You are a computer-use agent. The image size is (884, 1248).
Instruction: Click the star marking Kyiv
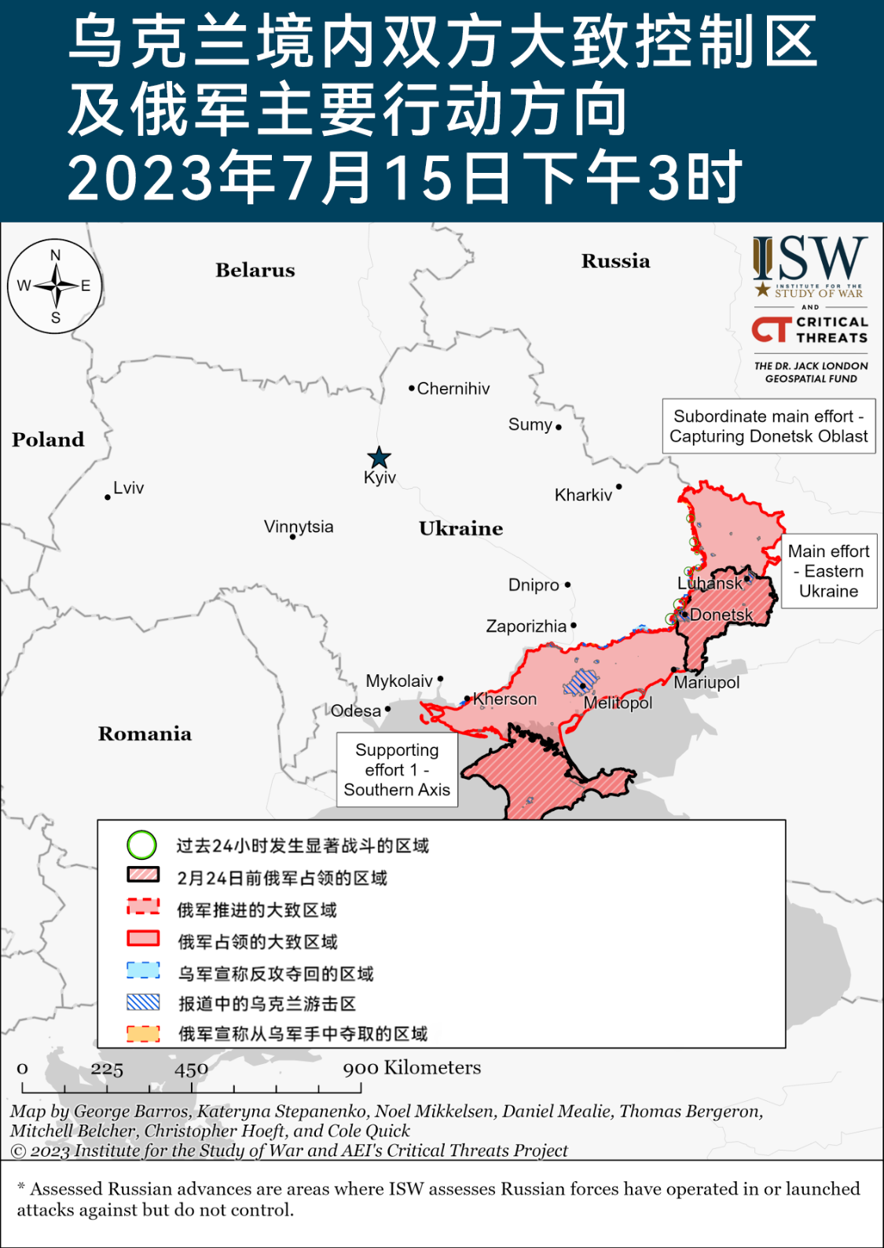(380, 457)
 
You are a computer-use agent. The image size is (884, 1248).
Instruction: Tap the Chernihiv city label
(453, 388)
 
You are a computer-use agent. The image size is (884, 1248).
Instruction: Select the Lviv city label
(128, 488)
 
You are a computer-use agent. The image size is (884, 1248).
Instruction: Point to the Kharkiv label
(583, 495)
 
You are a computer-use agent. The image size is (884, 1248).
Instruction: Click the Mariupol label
(706, 682)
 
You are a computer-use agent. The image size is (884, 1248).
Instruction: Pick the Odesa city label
(356, 711)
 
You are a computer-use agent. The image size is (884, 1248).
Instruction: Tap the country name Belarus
(255, 270)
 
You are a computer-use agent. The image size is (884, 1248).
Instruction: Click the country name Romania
(145, 734)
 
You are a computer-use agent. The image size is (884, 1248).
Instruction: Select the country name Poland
(48, 440)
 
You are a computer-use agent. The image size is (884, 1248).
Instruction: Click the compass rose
(55, 286)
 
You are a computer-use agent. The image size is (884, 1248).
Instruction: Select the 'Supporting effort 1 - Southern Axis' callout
(397, 770)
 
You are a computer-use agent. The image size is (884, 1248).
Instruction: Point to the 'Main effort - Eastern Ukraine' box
(828, 571)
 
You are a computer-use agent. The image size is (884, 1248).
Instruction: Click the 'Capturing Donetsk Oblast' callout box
(768, 427)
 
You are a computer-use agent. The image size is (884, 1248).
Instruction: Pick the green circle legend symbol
(142, 846)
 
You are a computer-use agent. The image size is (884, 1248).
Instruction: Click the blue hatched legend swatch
(143, 1003)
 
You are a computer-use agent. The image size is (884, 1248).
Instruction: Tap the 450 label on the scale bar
(191, 1070)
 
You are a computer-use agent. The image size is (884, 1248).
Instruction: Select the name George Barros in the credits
(131, 1111)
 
